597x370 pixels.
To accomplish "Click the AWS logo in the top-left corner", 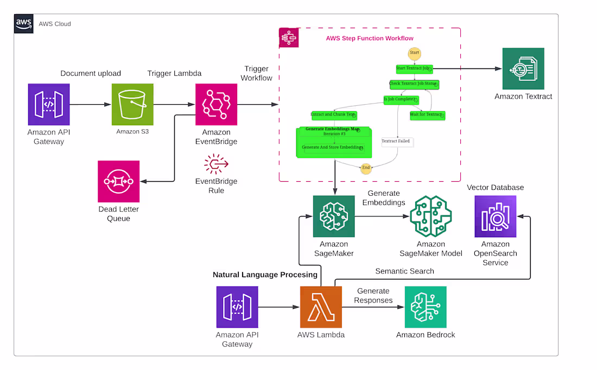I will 23,24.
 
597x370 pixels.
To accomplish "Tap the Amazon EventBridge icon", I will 216,104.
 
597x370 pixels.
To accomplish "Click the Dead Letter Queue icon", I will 118,181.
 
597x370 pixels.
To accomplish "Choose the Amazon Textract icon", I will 523,69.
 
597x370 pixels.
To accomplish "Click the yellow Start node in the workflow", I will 415,53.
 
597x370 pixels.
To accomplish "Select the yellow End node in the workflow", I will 366,168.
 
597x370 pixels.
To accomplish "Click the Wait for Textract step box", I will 427,115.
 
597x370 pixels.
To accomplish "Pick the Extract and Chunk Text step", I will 334,115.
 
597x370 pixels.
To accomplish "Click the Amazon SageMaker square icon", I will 334,216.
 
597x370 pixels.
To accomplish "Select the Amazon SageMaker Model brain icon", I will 431,216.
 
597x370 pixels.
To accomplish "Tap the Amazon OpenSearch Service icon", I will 496,216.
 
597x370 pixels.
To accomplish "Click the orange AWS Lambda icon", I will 321,307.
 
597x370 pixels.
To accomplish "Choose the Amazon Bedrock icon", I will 425,307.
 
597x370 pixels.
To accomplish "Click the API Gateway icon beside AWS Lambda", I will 237,307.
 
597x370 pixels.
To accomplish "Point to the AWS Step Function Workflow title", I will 370,39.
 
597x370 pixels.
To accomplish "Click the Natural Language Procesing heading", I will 265,275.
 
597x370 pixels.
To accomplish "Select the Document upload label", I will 91,73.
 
